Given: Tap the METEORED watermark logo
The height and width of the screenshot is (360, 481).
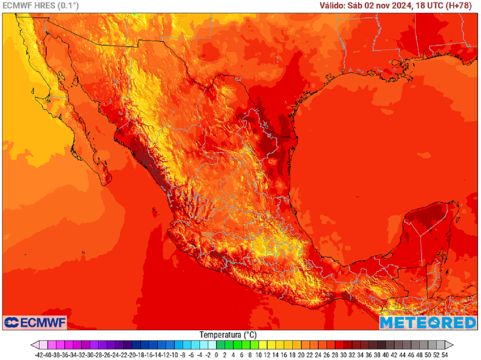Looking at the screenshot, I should (427, 322).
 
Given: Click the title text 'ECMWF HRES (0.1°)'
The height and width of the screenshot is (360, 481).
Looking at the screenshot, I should (41, 6).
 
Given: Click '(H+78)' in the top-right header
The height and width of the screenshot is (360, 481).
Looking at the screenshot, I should (461, 6).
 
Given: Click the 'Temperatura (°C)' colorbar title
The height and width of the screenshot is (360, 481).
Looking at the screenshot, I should (228, 335).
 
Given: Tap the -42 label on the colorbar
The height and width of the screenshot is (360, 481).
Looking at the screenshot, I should (39, 355).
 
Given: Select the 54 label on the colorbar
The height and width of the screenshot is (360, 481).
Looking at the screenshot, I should (444, 355).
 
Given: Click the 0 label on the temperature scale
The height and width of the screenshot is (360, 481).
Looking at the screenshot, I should (217, 355).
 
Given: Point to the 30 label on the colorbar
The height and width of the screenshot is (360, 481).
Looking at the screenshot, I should (343, 355).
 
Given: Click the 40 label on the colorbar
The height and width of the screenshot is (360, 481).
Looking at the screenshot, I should (386, 355).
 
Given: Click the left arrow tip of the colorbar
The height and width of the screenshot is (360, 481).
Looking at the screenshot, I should (32, 344).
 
